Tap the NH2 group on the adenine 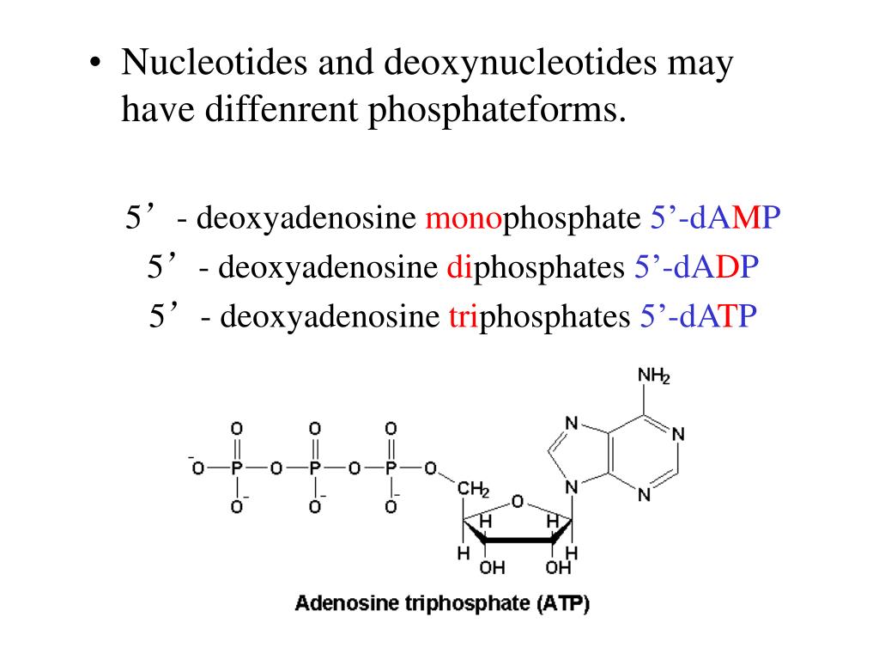click(x=653, y=376)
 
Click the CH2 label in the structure click(x=473, y=490)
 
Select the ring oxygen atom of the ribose click(x=517, y=500)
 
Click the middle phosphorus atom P click(x=314, y=468)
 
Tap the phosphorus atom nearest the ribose click(x=391, y=468)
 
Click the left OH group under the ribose click(x=492, y=568)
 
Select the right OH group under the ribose click(x=559, y=568)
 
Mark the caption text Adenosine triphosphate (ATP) click(x=442, y=603)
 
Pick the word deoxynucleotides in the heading click(x=520, y=64)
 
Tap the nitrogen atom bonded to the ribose click(x=573, y=487)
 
